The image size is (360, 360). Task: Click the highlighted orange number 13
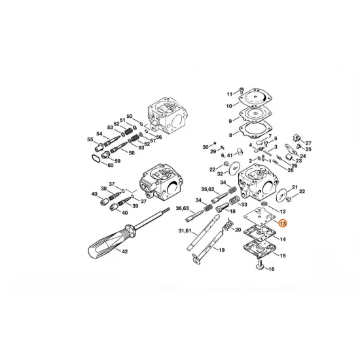point(283,223)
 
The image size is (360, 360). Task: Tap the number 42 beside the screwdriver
point(125,252)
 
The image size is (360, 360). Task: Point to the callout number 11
point(229,94)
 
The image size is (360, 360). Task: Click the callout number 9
point(230,121)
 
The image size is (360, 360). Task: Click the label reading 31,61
point(185,231)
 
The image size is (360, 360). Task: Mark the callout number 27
point(309,143)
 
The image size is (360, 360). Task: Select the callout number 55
point(90,139)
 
